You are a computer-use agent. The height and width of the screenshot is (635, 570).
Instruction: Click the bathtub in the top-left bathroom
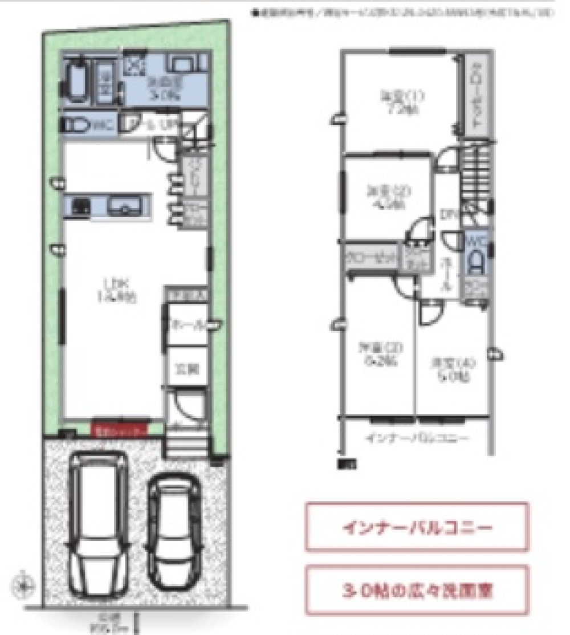[77, 81]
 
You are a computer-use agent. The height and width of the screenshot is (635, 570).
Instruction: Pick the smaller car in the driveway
[174, 530]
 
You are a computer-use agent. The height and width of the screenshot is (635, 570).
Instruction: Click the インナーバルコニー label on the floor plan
[417, 438]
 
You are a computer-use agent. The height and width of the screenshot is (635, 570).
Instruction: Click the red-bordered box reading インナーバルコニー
[417, 527]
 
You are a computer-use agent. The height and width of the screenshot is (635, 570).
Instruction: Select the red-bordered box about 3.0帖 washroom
[417, 590]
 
